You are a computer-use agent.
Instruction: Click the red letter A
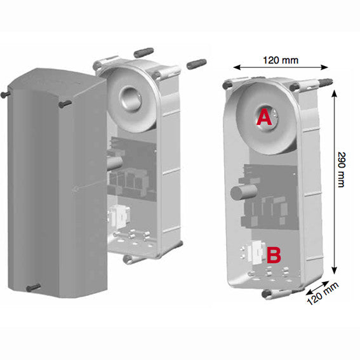point(265,117)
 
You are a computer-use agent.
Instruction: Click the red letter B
point(274,255)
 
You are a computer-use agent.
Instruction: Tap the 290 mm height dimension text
point(342,170)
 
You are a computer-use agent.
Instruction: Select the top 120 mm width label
point(281,60)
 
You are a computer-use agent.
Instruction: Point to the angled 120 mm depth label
point(323,294)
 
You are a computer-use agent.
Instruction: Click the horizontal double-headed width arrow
point(281,67)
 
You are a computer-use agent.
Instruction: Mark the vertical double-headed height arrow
point(335,182)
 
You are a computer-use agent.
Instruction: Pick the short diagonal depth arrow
point(317,288)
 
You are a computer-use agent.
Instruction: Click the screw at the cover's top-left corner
point(5,94)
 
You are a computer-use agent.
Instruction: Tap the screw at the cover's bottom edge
point(34,288)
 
